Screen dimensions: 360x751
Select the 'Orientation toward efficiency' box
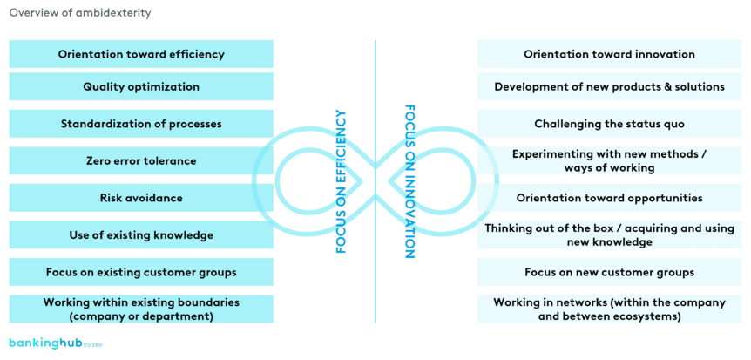coord(141,54)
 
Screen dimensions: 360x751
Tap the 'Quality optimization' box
coord(141,87)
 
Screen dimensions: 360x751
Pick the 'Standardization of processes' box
coord(141,124)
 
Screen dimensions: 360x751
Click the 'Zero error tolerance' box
coord(141,161)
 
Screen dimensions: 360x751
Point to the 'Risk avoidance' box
coord(141,198)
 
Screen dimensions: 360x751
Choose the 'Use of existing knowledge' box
coord(141,234)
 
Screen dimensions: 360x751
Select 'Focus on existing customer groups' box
coord(141,272)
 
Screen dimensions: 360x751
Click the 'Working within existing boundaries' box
coord(141,309)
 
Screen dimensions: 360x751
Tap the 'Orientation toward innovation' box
coord(609,54)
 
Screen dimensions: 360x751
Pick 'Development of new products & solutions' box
coord(609,87)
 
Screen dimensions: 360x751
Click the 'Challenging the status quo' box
coord(609,124)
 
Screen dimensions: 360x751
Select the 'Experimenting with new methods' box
coord(609,161)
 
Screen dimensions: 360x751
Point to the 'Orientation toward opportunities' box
coord(609,198)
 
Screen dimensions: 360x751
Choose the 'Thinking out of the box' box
coord(609,234)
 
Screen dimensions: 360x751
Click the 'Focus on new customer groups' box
coord(609,272)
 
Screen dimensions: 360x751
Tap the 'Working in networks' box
coord(609,309)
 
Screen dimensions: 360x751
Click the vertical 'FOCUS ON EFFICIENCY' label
coord(342,181)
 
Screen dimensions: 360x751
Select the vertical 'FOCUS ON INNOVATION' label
coord(409,181)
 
